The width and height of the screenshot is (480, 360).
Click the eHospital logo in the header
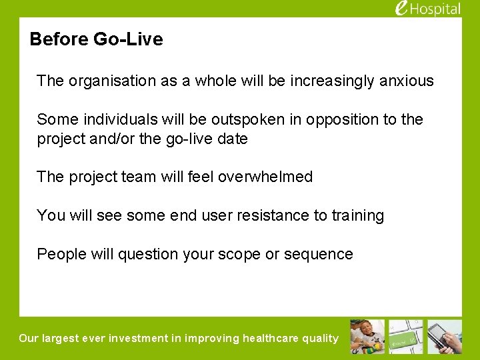427,9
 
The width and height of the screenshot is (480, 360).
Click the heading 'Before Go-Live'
96,39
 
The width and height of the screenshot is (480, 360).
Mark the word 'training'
358,215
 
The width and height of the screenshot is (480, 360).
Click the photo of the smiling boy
367,337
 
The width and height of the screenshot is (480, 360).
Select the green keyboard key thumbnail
406,337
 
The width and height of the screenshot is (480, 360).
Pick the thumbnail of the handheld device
445,337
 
